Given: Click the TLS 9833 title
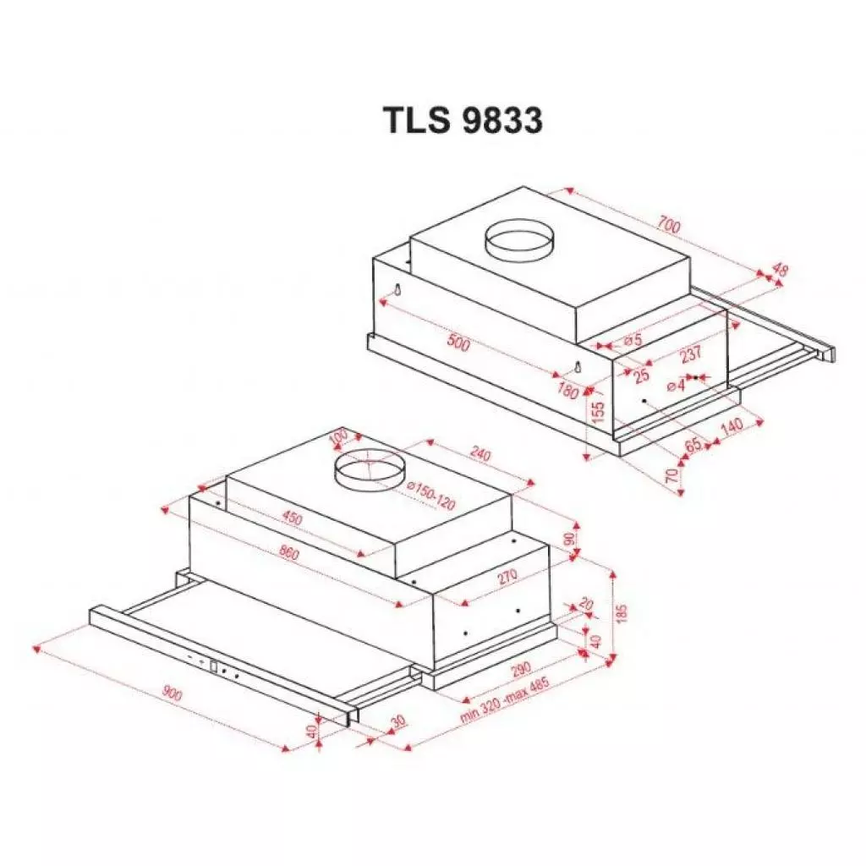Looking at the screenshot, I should (462, 121).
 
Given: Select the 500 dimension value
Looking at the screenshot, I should (458, 343).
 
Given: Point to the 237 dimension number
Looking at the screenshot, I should (690, 354).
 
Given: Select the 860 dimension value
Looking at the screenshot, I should (288, 555).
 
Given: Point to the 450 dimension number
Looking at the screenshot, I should (292, 518).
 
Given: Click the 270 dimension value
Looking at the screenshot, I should (507, 578).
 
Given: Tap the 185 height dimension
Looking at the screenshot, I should (623, 613).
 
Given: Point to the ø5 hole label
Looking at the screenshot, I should (633, 340).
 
